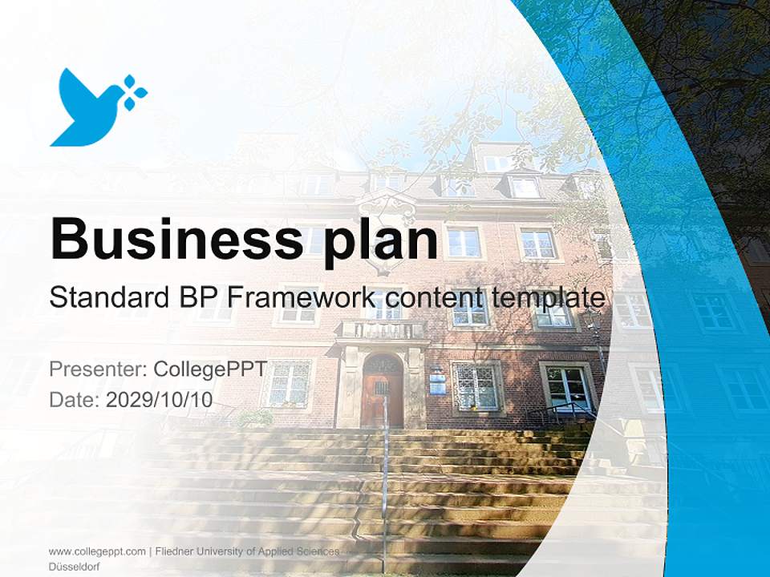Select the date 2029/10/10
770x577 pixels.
(x=159, y=399)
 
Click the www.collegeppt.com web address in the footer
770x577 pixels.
(x=97, y=551)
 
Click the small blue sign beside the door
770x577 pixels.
(x=437, y=381)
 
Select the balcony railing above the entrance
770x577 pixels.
(x=381, y=329)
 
